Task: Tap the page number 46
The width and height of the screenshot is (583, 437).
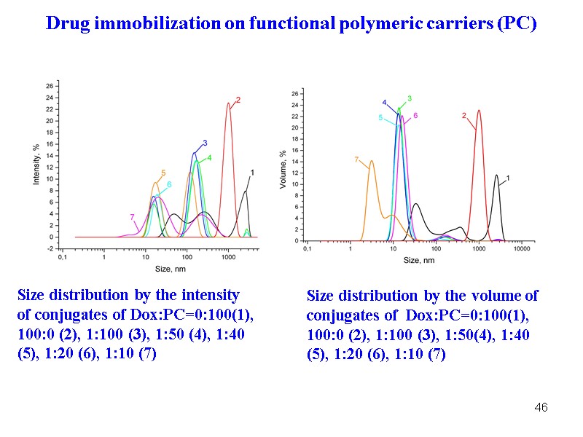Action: (x=541, y=407)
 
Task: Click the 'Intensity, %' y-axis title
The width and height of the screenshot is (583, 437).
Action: (x=35, y=163)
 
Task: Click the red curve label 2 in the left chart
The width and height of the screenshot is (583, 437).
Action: (x=238, y=100)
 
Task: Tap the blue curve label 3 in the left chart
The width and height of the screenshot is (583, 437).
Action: (x=205, y=143)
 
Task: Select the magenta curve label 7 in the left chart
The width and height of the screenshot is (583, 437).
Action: (x=132, y=216)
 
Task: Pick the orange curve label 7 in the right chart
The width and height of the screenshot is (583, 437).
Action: (x=356, y=159)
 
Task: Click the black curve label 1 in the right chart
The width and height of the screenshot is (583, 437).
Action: (x=507, y=178)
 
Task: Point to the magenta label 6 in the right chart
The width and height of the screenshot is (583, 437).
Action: (x=415, y=116)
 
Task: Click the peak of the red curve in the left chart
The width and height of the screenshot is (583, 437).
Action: (x=228, y=103)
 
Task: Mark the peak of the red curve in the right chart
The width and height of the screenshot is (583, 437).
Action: (x=479, y=111)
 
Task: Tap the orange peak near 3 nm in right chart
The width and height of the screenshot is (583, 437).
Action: (x=372, y=161)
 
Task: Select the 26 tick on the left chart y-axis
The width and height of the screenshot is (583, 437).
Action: (x=49, y=86)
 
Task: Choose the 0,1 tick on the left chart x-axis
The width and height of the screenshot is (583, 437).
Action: (x=63, y=257)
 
